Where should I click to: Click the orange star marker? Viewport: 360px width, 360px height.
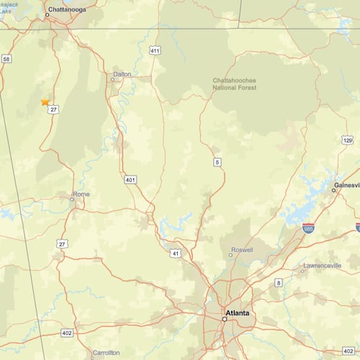point(45,102)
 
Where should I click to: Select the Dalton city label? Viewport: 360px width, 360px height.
point(122,73)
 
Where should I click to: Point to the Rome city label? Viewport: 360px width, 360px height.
point(81,194)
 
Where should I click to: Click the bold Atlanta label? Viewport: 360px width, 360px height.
point(237,313)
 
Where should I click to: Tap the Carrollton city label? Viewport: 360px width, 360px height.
point(107,353)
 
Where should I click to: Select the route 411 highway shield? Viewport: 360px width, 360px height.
point(155,50)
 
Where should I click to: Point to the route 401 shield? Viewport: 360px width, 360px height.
point(130,179)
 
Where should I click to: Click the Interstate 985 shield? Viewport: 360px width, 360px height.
point(308,228)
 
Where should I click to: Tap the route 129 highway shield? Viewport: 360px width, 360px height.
point(348,140)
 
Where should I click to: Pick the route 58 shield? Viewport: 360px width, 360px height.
point(6,59)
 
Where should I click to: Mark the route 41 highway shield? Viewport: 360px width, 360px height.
point(175,253)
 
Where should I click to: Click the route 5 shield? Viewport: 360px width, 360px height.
point(217,163)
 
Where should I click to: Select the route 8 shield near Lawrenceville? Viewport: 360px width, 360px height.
point(278,283)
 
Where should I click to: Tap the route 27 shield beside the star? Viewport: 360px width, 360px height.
point(54,109)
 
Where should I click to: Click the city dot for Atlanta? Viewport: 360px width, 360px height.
point(224,319)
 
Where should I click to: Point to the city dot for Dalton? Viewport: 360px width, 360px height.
point(112,80)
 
